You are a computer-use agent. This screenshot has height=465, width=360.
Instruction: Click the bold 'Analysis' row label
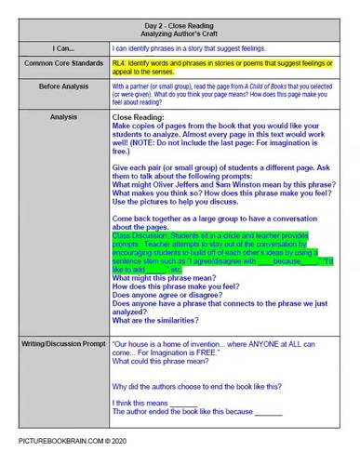58,118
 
